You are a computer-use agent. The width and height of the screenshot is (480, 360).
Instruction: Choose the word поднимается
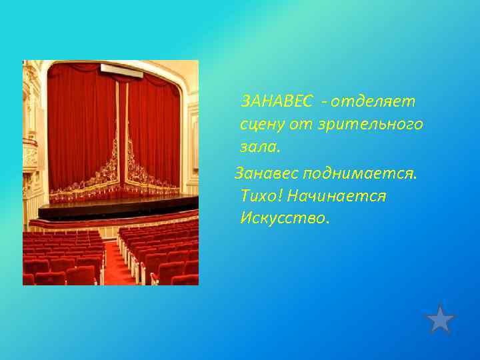pos(361,173)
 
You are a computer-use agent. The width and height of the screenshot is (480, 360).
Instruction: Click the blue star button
pos(440,319)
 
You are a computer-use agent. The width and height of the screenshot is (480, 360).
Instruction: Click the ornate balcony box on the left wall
pos(31,150)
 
